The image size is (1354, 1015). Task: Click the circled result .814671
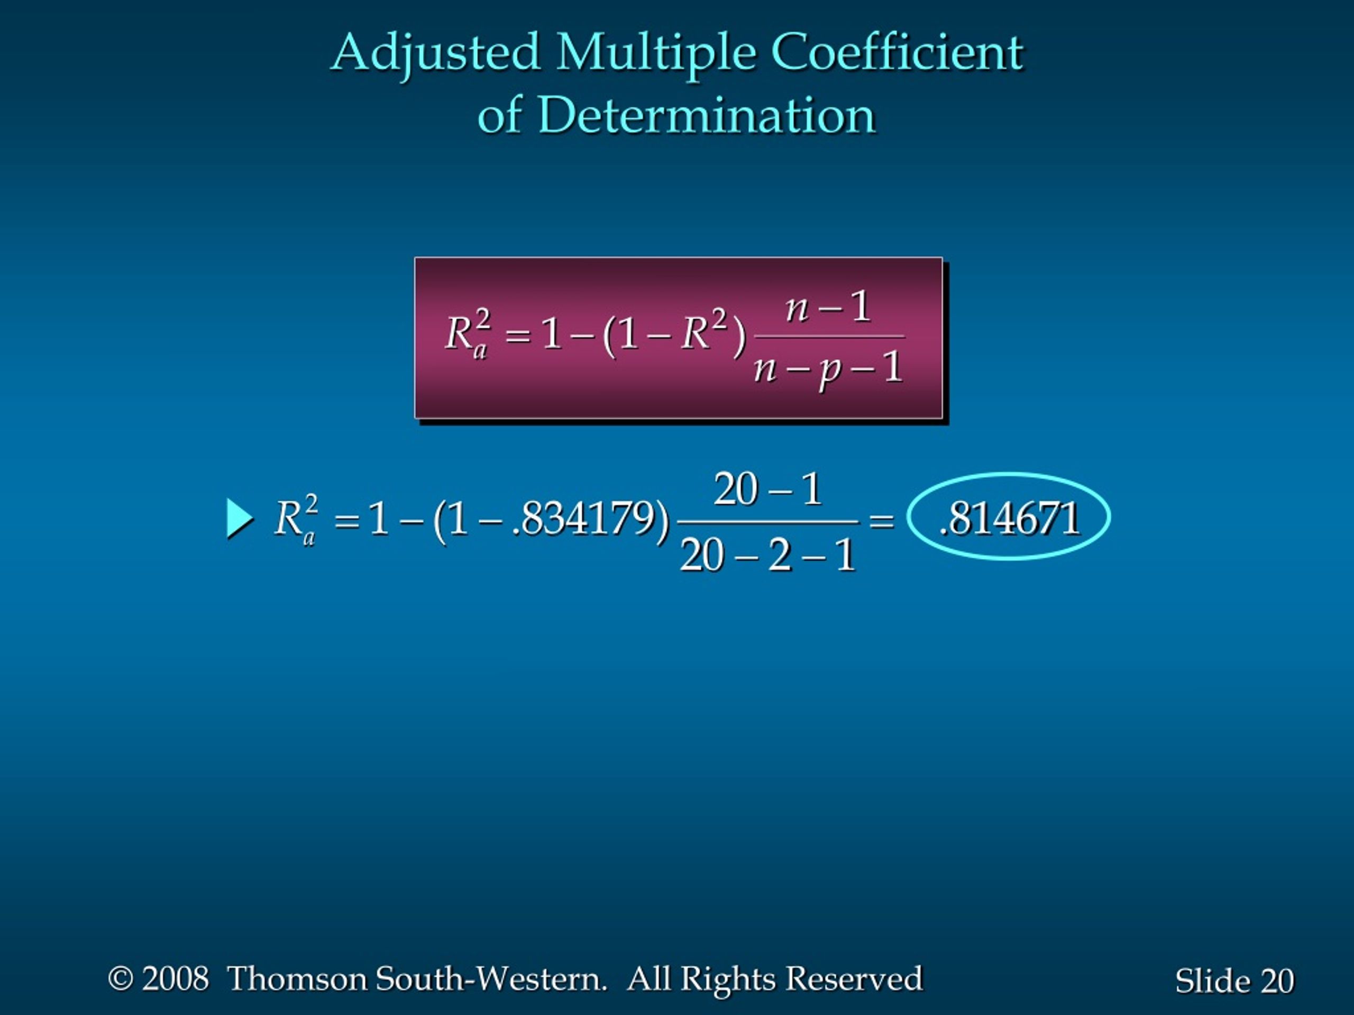pos(1009,518)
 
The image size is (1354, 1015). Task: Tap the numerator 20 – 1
pos(767,489)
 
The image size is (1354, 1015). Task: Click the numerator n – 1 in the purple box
pos(828,307)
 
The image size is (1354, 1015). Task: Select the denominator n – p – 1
pos(828,370)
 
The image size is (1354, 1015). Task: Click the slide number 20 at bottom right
pos(1277,981)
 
